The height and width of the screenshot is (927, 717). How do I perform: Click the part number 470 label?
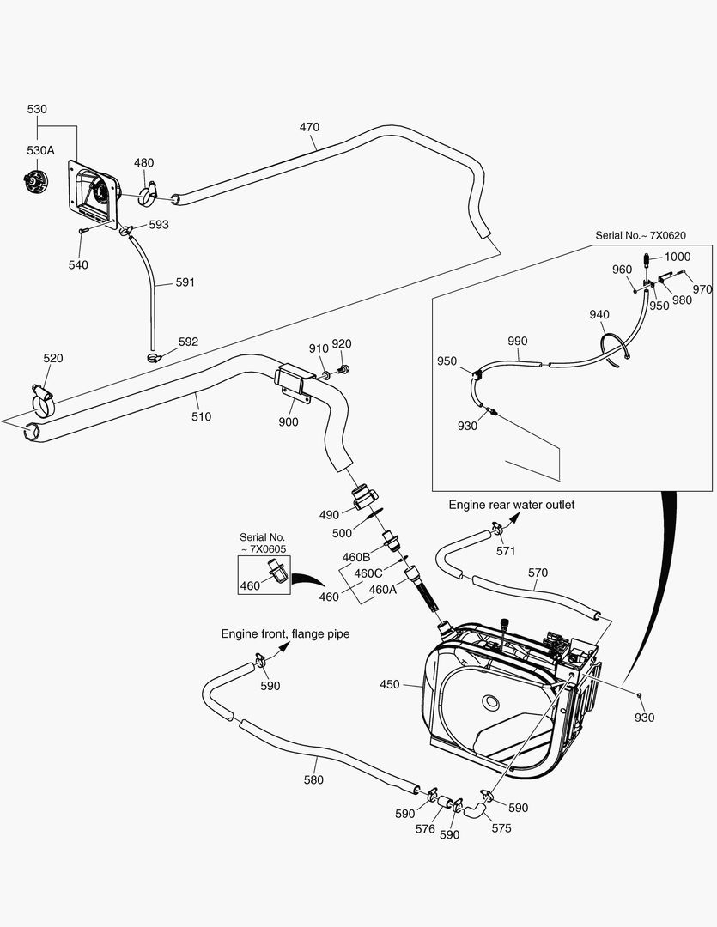point(309,127)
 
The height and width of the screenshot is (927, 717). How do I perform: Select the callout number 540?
point(78,265)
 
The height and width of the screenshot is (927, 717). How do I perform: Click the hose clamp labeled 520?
point(43,397)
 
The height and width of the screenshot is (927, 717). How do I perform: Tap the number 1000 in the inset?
point(677,257)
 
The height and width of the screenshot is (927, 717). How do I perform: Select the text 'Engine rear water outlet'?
point(511,505)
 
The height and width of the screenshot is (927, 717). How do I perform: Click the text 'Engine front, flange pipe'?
point(285,634)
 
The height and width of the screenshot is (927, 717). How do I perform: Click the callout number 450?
point(390,685)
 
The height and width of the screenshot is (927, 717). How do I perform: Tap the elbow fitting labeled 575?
point(473,808)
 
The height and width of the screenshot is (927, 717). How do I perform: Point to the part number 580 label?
point(314,780)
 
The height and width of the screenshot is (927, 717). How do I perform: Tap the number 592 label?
point(188,342)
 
